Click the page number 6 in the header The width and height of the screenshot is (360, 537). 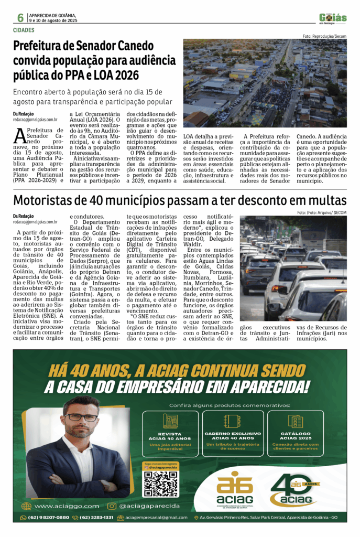[x=20, y=17]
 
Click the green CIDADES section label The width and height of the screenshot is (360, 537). [x=24, y=30]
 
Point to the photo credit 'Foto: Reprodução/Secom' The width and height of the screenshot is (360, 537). [x=324, y=36]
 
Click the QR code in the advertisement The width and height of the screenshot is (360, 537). [x=161, y=483]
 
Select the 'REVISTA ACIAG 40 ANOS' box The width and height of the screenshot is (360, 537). [x=170, y=433]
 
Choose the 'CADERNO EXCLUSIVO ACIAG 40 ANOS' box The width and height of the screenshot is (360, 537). [x=233, y=433]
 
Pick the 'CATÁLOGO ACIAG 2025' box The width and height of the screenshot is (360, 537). [x=295, y=433]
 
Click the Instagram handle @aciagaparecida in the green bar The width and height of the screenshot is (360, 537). [x=149, y=506]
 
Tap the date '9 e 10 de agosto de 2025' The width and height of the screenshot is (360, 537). [x=53, y=20]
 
